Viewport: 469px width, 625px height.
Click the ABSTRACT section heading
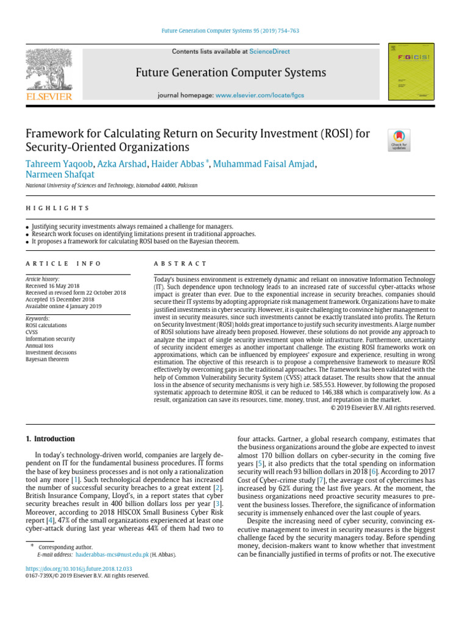pos(180,264)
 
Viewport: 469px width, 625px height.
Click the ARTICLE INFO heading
pos(64,264)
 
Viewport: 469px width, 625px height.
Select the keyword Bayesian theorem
pos(47,359)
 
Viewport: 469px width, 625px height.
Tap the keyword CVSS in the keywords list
pos(32,332)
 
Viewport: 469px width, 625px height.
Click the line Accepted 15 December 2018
pos(60,300)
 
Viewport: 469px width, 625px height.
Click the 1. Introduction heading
pos(50,439)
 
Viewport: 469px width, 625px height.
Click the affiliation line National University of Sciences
pos(111,185)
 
